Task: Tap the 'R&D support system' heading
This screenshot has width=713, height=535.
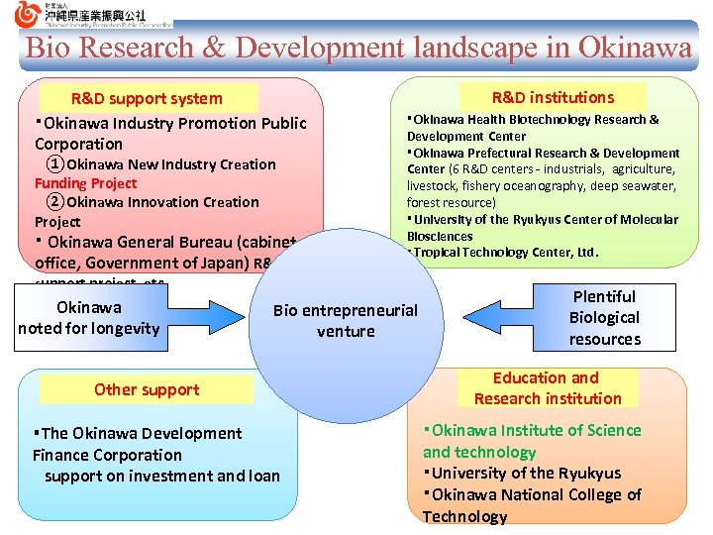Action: pos(147,98)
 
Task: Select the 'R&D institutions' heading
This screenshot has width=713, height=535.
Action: pos(553,97)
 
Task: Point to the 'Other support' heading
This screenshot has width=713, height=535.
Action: pos(147,389)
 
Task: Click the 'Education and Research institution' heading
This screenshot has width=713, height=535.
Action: pos(547,388)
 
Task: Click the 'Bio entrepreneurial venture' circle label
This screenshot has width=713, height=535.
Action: pos(346,321)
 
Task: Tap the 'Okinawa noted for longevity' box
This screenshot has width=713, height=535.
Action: pos(88,317)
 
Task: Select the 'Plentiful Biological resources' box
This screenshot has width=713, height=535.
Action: pos(604,317)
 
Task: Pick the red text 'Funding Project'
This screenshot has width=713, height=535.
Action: pos(86,183)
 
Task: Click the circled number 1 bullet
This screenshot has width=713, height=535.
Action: pos(55,164)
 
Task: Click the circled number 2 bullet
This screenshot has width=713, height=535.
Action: pos(55,202)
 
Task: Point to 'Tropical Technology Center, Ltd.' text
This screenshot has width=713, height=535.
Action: pos(506,253)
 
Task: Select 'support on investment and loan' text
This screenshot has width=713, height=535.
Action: pos(162,477)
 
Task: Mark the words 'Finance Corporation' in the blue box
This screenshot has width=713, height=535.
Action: pos(107,455)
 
